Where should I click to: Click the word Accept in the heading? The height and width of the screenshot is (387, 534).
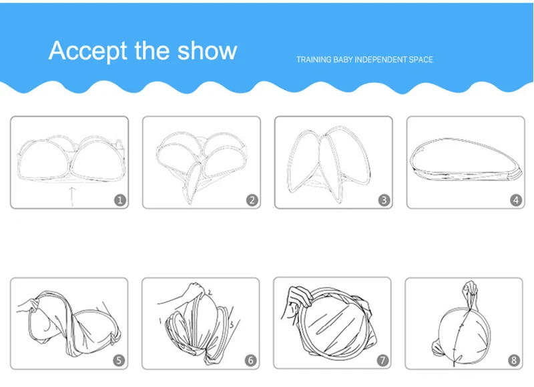tap(88, 51)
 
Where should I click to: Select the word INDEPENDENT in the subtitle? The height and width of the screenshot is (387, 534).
tap(380, 59)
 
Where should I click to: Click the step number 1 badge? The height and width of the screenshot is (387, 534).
tap(120, 200)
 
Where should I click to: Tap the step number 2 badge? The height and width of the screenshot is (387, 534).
tap(252, 200)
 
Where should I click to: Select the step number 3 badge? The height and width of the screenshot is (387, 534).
tap(384, 200)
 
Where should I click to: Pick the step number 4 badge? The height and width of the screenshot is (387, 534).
tap(516, 200)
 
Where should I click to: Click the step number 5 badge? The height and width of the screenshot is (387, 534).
tap(119, 360)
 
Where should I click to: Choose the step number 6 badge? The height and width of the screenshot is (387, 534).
tap(251, 360)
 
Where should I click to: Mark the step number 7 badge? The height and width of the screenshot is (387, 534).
tap(382, 360)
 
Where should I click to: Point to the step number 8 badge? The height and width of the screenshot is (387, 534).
tap(514, 360)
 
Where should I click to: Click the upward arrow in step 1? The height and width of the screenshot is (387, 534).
tap(72, 196)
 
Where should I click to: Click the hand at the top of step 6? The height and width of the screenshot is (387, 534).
tap(194, 290)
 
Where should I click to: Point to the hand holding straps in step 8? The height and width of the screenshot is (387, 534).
tap(470, 290)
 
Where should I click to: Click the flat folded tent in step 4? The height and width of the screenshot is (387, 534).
tap(466, 159)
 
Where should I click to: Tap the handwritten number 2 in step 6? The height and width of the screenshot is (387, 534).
tap(210, 292)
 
